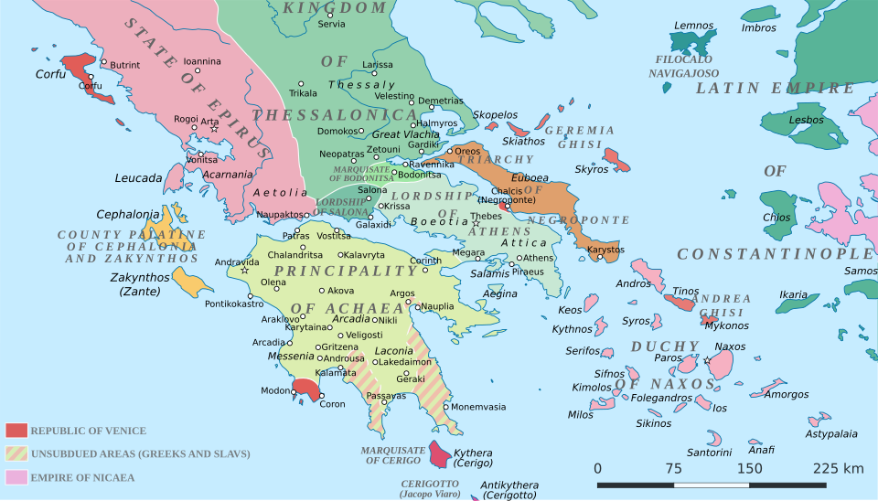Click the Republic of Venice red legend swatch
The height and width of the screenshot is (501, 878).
[16, 431]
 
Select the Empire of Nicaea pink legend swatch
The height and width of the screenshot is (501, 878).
[16, 476]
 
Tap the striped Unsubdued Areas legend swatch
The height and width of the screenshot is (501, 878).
[16, 453]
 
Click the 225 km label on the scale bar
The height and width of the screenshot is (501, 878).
[838, 468]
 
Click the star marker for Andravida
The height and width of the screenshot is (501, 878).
[244, 270]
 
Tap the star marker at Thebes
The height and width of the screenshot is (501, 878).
[476, 223]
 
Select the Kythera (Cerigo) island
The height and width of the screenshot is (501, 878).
[441, 453]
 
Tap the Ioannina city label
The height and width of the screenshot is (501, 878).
[202, 61]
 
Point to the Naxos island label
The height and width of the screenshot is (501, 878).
[730, 346]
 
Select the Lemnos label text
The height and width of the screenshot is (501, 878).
[693, 26]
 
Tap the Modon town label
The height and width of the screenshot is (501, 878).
[274, 390]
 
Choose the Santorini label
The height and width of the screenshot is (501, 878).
[709, 452]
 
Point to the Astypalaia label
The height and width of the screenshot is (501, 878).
[830, 433]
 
